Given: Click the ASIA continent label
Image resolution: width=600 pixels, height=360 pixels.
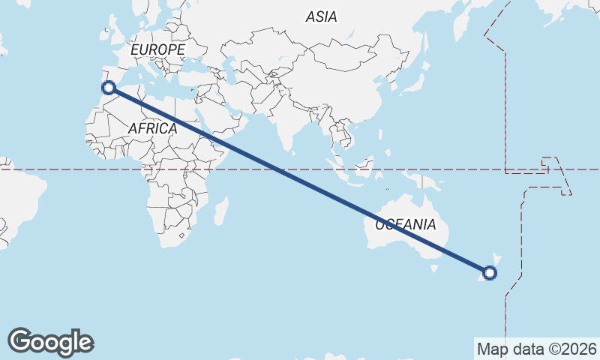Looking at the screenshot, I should (x=321, y=16).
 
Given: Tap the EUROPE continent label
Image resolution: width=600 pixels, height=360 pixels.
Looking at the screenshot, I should (x=157, y=49).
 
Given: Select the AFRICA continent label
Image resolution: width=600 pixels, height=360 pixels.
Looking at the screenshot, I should (x=152, y=128).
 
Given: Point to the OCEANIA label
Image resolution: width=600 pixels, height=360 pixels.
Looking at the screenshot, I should (x=405, y=224).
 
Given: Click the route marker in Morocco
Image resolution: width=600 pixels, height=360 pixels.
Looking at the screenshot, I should (x=109, y=88).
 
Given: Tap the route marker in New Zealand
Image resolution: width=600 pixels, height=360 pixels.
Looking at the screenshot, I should (x=490, y=273).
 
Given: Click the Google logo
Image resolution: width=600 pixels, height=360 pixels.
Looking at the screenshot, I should (x=50, y=342).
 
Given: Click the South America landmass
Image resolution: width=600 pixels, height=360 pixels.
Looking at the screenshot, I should (x=15, y=195).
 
